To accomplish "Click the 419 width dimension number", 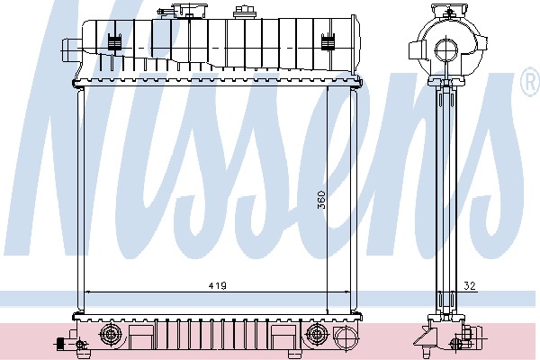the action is (x=218, y=285).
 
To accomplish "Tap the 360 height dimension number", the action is (x=321, y=200).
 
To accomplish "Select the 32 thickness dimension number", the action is (x=470, y=285).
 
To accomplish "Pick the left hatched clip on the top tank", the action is (x=114, y=42).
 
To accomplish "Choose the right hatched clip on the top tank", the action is (x=328, y=42).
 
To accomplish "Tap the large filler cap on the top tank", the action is (x=190, y=10).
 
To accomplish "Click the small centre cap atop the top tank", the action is (x=243, y=13).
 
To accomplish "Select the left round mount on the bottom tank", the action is (x=110, y=335).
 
